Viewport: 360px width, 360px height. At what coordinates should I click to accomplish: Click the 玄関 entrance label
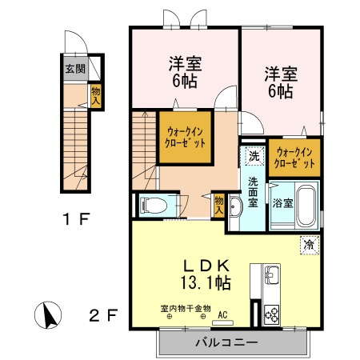click(71, 68)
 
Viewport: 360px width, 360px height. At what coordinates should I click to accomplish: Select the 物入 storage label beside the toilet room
click(218, 204)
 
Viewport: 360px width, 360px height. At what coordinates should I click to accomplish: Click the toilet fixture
click(154, 206)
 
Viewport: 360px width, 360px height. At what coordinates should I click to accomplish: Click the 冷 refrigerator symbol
click(307, 244)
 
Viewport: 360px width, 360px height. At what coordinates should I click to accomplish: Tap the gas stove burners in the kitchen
click(270, 314)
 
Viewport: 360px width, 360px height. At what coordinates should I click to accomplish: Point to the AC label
click(224, 315)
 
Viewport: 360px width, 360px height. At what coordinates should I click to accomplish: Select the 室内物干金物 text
click(185, 307)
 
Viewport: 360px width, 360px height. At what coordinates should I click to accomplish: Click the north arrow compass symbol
click(50, 315)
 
